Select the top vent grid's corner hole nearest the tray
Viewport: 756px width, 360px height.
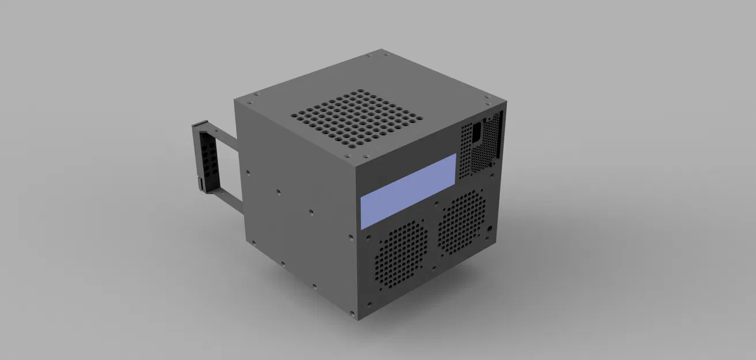tap(295, 115)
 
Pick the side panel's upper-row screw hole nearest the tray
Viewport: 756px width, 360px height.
tap(248, 171)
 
